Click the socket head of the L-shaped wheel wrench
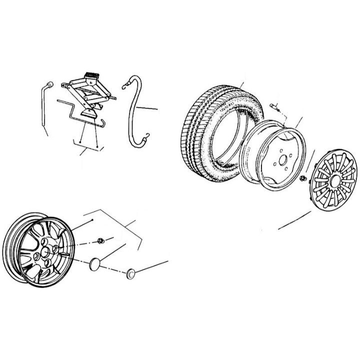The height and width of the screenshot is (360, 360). click(x=50, y=83)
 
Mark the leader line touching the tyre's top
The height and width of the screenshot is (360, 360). click(x=241, y=85)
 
